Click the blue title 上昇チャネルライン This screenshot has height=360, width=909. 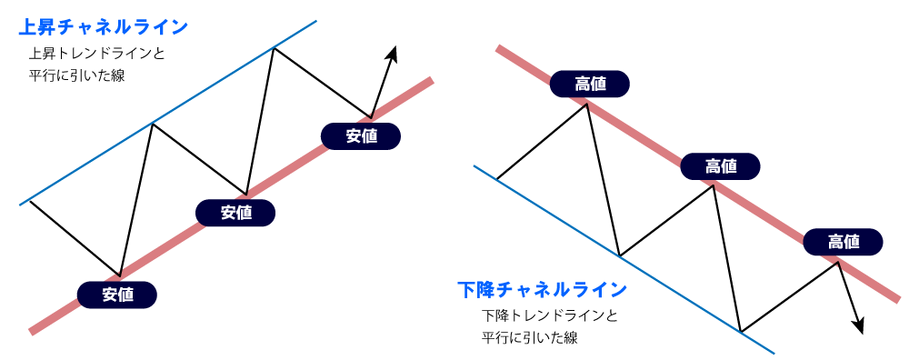click(x=103, y=26)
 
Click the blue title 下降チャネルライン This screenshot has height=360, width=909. click(x=542, y=290)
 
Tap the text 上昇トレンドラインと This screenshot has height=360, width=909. click(x=97, y=54)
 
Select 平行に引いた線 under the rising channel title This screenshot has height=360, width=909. click(x=76, y=76)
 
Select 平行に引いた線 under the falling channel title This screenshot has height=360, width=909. click(x=529, y=338)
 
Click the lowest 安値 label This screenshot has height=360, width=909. click(x=117, y=294)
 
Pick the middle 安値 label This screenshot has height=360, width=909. click(x=236, y=213)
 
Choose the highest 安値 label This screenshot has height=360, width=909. click(x=361, y=136)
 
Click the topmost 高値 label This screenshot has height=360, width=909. click(x=589, y=85)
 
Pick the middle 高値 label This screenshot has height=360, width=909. click(x=721, y=165)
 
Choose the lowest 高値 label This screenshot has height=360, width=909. click(x=844, y=241)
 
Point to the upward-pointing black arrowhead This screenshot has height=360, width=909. click(x=393, y=54)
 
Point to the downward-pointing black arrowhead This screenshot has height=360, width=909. click(x=857, y=325)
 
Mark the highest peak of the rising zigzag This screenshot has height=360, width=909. click(x=273, y=47)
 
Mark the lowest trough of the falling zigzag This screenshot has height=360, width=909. click(x=741, y=331)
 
